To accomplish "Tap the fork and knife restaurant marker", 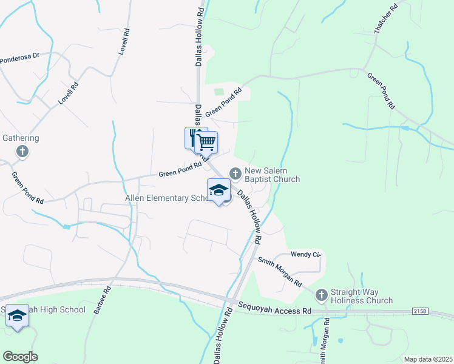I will (x=194, y=137).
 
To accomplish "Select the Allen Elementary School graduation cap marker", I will (x=219, y=190).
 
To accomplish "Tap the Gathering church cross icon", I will (x=22, y=151).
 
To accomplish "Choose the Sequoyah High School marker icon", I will (x=17, y=315).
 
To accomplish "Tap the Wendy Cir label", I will (x=305, y=254).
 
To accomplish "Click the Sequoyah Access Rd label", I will (x=274, y=309).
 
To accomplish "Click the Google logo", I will (x=20, y=357).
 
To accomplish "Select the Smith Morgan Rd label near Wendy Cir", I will (x=280, y=272).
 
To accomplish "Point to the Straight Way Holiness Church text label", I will (x=361, y=296).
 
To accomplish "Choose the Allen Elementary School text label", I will (x=166, y=198).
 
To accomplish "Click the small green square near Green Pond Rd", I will (x=219, y=92).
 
